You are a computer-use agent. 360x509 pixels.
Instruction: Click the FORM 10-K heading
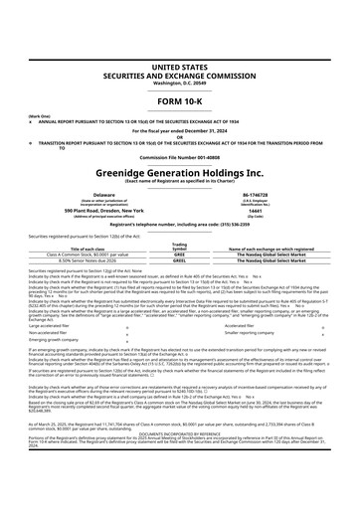[180, 75]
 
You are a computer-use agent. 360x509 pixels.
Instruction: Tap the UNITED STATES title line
[180, 36]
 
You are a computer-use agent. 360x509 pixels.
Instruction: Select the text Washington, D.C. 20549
[180, 56]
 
